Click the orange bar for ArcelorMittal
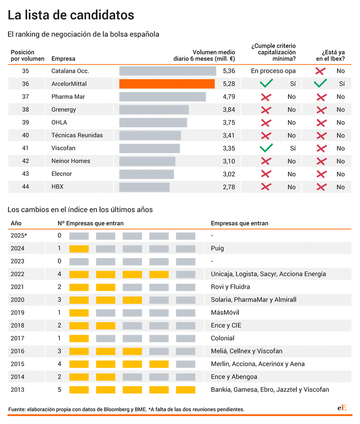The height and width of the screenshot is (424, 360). (167, 84)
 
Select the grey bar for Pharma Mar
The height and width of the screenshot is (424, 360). (163, 97)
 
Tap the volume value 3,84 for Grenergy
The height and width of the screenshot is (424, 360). (229, 109)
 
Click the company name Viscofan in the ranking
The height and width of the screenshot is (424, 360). (63, 148)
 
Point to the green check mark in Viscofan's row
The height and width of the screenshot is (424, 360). (266, 148)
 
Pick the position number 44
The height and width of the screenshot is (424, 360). (25, 187)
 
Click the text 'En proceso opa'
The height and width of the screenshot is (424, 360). (273, 71)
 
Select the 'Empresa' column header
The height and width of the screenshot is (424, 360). (63, 59)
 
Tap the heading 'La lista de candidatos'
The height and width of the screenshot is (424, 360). (71, 15)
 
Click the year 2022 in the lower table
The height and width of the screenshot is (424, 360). (18, 274)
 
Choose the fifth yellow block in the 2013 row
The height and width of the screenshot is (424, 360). (186, 390)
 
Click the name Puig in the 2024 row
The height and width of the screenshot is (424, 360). (217, 248)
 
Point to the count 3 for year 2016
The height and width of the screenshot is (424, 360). (59, 351)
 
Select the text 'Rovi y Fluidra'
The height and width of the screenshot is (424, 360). (230, 287)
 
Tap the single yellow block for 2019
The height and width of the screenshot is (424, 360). (79, 313)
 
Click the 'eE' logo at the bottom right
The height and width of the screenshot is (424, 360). (342, 408)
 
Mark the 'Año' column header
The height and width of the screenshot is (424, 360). (16, 223)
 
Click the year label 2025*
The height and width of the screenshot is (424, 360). (19, 235)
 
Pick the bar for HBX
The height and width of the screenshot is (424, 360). (144, 187)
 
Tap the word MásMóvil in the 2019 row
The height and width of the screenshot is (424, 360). (225, 312)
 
